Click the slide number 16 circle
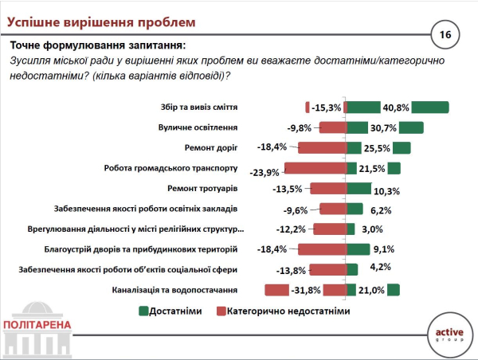444,34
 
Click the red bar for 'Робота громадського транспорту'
315,168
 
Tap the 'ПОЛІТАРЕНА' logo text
37,325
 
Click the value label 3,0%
372,229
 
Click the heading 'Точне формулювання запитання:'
97,45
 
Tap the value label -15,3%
327,108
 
